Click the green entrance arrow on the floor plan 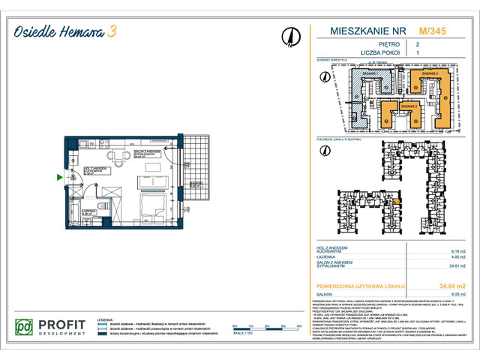(60, 178)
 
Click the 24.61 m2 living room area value (455, 265)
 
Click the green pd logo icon (26, 328)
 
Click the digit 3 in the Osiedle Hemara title (112, 31)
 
